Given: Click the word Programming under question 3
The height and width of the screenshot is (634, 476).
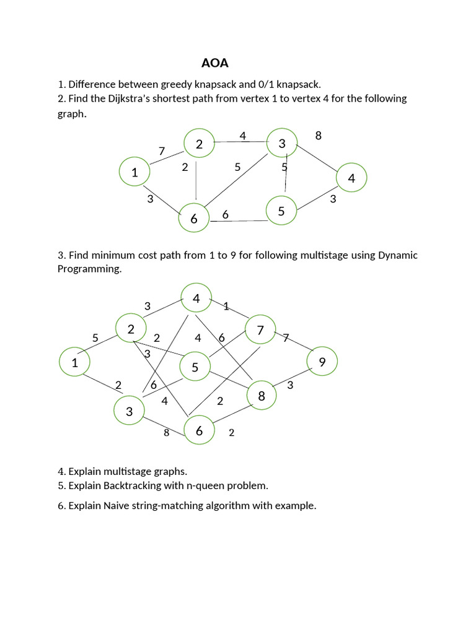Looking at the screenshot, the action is click(89, 269).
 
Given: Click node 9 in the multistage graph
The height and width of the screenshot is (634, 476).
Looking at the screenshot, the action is click(322, 362).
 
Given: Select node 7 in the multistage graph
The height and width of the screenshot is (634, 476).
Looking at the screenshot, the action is click(261, 331).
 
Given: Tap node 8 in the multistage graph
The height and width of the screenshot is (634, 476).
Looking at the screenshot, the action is click(262, 396).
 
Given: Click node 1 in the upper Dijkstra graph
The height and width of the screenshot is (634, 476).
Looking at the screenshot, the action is click(134, 172).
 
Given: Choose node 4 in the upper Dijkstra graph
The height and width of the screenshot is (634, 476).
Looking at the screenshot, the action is click(351, 178).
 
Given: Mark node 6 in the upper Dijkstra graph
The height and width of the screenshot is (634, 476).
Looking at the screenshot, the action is click(194, 218).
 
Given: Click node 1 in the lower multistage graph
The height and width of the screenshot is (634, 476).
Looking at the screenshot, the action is click(74, 362).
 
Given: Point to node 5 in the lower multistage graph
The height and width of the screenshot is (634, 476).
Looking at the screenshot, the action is click(195, 368).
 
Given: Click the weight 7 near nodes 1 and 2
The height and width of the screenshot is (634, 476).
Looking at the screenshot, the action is click(162, 151).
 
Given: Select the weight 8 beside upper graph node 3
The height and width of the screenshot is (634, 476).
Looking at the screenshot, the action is click(318, 136).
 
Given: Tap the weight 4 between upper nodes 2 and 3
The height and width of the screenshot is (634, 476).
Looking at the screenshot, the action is click(243, 136).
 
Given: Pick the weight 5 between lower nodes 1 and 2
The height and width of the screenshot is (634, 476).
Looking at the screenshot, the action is click(95, 338).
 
